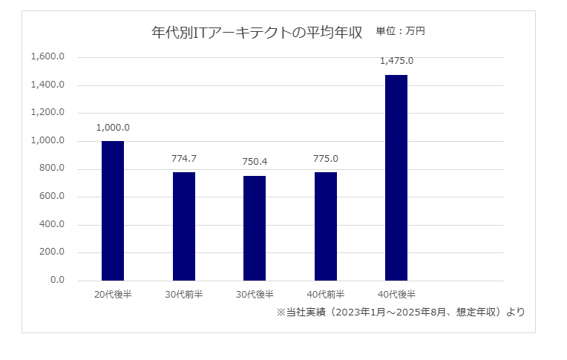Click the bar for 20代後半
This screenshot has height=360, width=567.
113,211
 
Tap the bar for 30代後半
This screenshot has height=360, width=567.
255,228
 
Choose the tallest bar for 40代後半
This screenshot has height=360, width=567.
396,177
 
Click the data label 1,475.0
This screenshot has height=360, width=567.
396,61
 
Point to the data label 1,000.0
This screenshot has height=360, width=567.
113,127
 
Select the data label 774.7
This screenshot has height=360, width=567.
184,158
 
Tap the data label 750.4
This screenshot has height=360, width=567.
255,162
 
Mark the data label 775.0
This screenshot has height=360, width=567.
326,158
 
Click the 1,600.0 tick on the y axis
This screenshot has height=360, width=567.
48,57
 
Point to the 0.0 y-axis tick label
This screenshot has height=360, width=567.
57,281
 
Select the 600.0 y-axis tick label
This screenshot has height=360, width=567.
53,197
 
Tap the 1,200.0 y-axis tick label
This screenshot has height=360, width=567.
48,113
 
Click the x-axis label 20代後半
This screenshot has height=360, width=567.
113,294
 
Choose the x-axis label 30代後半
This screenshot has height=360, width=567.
255,294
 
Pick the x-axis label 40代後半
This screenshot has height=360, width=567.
396,294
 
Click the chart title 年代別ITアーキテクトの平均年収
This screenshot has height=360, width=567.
256,33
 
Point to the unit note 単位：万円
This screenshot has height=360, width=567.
400,31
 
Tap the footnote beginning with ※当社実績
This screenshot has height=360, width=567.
400,312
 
